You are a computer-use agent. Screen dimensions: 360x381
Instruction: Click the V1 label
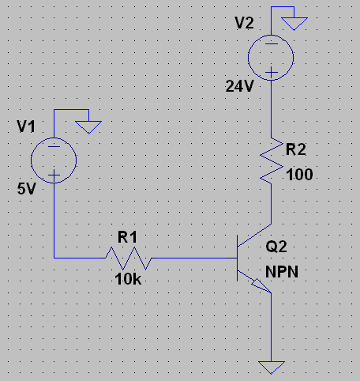[26, 126]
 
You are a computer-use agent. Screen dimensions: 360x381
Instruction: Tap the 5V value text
[26, 189]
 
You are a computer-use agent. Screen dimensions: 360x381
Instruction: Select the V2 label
[244, 23]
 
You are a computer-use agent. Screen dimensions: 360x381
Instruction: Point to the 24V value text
[239, 86]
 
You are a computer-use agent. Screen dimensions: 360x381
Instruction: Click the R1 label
[127, 236]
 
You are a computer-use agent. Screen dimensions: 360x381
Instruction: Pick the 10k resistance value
[128, 279]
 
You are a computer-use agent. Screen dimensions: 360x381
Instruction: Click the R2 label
[296, 149]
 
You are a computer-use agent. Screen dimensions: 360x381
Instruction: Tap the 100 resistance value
[299, 175]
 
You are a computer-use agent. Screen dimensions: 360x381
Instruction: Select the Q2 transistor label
[276, 247]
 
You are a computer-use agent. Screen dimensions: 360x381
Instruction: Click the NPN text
[282, 272]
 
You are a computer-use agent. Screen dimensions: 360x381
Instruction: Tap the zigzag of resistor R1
[129, 258]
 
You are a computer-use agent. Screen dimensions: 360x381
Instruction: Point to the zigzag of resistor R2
[272, 160]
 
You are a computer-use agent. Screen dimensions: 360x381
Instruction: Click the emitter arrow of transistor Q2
[261, 285]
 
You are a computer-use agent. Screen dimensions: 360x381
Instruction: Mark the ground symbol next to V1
[88, 127]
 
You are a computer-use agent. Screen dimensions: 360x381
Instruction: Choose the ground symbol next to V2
[294, 24]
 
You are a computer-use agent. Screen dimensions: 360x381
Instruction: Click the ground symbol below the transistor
[272, 368]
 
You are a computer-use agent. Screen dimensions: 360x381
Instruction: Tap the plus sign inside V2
[271, 72]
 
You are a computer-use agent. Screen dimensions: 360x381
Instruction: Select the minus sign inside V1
[54, 146]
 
